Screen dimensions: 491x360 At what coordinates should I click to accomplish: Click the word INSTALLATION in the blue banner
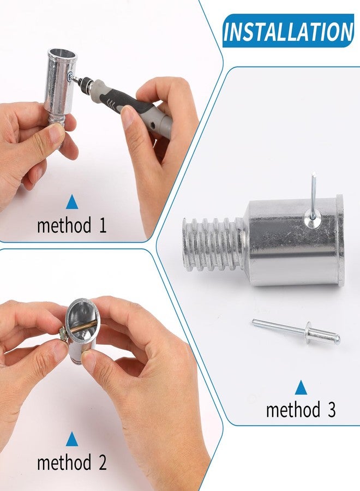288,32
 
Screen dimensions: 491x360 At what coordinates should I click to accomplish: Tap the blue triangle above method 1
72,203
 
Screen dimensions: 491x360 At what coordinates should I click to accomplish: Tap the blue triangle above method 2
72,439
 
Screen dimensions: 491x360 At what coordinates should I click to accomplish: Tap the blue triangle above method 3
301,388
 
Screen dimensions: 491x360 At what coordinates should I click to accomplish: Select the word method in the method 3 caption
292,410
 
